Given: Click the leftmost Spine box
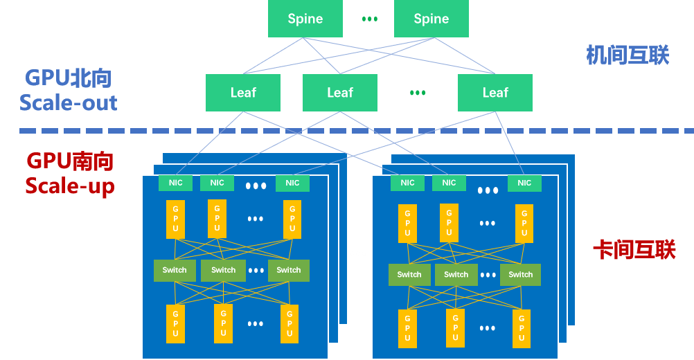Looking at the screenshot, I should [x=305, y=19].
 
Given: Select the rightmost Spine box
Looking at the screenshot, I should [x=431, y=19].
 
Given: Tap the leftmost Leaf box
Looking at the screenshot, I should [x=242, y=92].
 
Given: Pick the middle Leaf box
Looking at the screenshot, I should [x=339, y=92].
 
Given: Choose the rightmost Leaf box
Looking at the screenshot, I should [x=495, y=92].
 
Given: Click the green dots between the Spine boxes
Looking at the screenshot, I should [x=370, y=19].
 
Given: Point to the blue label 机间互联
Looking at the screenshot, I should [x=628, y=55].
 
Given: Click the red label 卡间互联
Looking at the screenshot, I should [x=633, y=249].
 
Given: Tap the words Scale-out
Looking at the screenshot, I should [x=69, y=103].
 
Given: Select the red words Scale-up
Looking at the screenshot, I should [x=70, y=186].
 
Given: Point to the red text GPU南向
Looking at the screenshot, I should [x=70, y=161].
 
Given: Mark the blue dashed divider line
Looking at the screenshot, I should [x=346, y=130].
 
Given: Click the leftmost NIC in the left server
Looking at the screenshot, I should [x=175, y=183].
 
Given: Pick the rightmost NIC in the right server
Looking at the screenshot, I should [x=524, y=183].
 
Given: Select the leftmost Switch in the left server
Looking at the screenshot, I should [x=175, y=270].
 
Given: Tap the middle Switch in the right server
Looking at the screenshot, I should [x=456, y=274].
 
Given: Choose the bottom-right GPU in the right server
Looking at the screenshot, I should [x=522, y=328].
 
